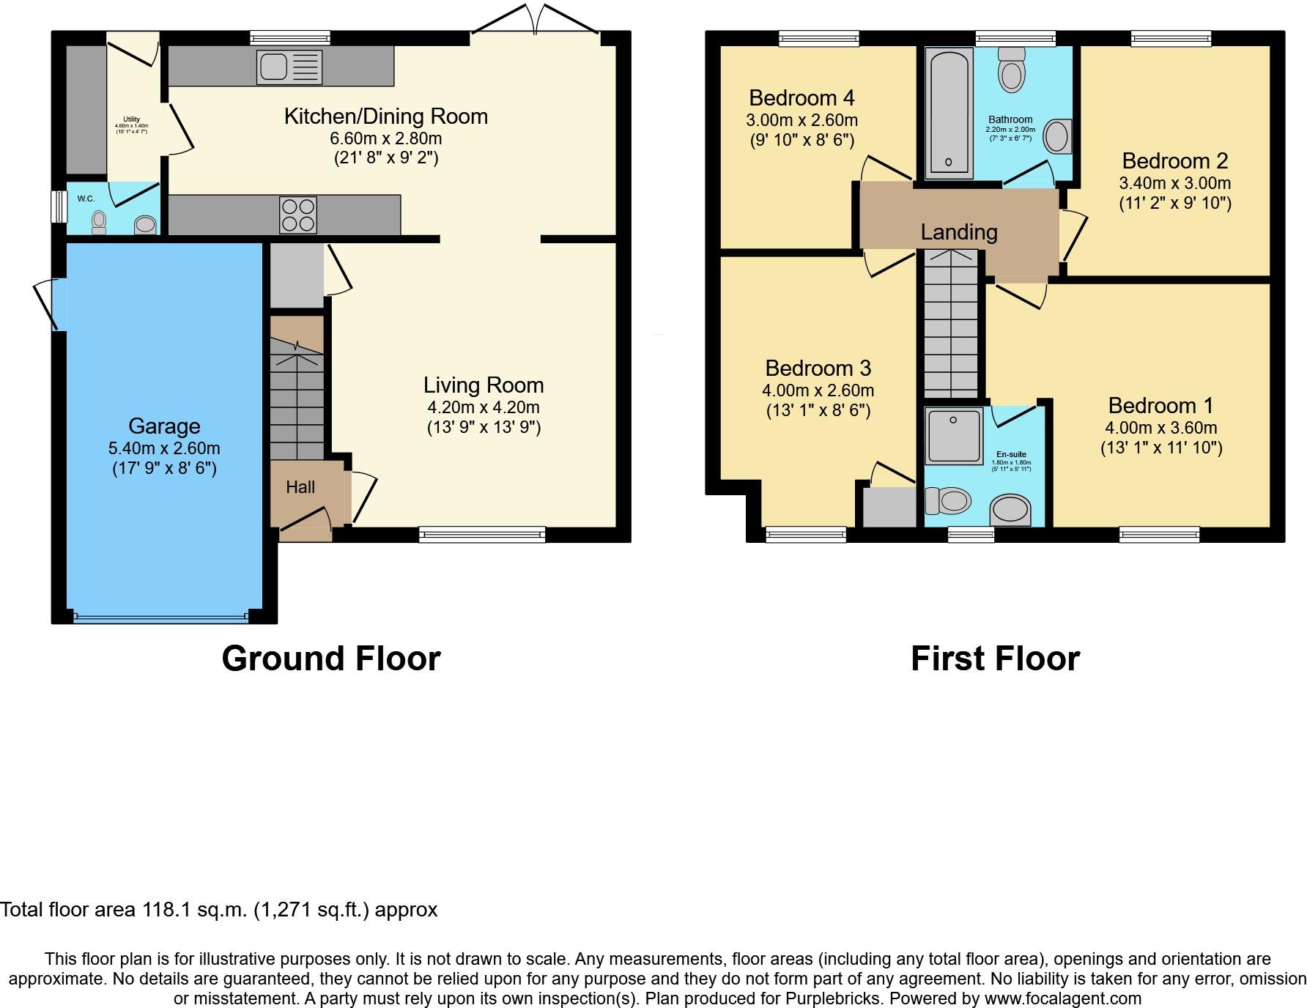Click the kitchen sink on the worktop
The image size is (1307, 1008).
289,66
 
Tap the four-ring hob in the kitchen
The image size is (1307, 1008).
298,215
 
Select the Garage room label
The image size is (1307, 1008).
164,426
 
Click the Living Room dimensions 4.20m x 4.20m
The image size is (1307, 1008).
484,407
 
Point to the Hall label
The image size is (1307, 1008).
300,487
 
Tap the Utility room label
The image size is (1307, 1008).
131,119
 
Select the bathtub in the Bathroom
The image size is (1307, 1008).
948,114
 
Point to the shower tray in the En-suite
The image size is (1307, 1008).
953,437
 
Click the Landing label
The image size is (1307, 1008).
959,232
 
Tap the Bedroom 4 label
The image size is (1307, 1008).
801,97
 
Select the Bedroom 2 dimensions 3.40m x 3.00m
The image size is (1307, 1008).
1174,183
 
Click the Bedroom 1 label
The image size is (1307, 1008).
1160,405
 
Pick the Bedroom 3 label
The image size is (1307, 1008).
818,368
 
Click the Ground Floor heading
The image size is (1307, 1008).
331,659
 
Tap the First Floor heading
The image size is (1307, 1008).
995,659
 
